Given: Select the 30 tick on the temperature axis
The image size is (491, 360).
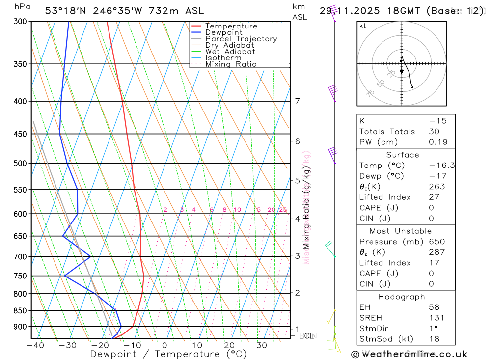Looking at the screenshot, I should click(262, 345).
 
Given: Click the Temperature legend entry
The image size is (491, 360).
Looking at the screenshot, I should click(231, 26).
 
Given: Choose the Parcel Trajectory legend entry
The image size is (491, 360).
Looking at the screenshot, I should click(241, 39).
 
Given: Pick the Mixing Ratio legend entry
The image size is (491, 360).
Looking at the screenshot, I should click(231, 64).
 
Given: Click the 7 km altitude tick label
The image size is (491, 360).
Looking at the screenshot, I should click(297, 101).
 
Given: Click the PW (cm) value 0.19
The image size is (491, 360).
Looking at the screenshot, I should click(437, 142).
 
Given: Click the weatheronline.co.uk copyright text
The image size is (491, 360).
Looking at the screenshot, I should click(409, 354).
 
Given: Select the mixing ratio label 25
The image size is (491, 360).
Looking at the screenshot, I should click(283, 210).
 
